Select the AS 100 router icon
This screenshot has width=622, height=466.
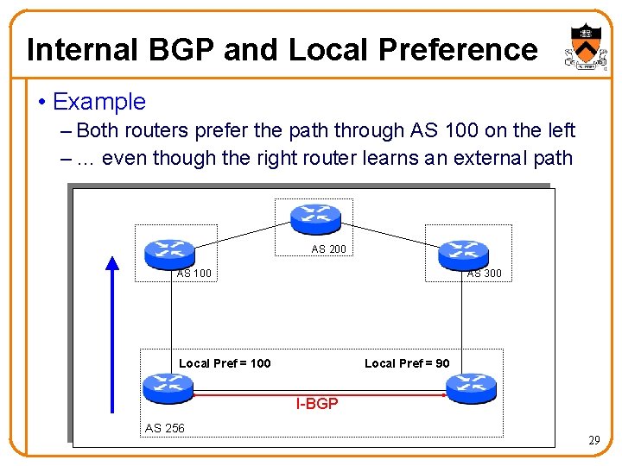[170, 252]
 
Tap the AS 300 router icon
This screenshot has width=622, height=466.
[463, 252]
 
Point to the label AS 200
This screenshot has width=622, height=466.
[328, 249]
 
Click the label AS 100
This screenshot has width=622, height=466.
[194, 274]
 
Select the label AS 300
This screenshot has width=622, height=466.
[484, 274]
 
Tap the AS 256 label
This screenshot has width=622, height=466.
[164, 428]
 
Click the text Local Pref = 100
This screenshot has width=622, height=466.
[225, 363]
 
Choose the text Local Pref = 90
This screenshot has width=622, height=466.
[407, 363]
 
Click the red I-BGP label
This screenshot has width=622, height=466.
[317, 404]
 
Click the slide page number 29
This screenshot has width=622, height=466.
[593, 441]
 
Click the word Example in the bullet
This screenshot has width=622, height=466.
[99, 102]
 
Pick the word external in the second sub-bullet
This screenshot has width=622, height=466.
[486, 157]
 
